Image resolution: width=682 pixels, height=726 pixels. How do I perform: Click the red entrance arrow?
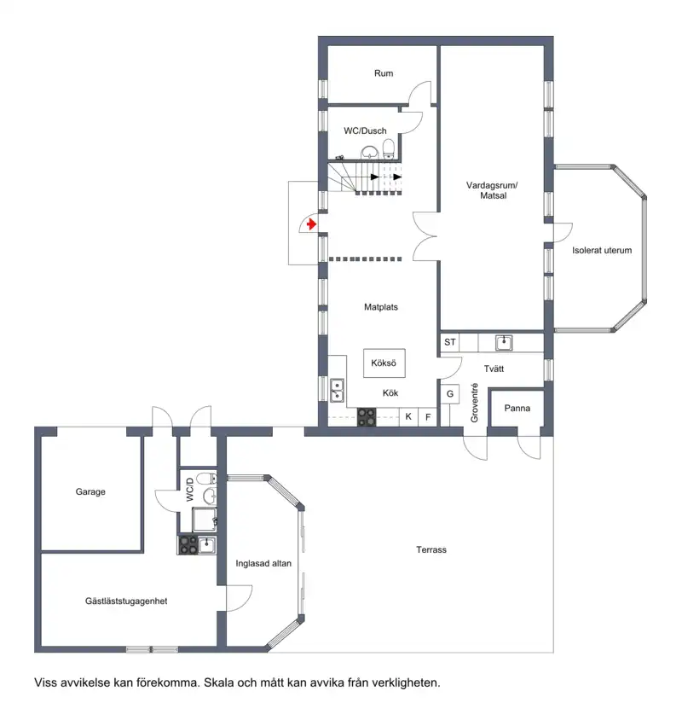[311, 224]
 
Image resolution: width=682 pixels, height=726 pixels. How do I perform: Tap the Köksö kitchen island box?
[384, 363]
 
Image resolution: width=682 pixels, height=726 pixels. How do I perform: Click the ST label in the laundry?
[450, 342]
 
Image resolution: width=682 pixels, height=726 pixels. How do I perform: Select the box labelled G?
[450, 394]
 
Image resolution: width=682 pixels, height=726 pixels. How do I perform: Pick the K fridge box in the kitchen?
[408, 416]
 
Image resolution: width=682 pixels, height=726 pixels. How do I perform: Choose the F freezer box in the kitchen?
[428, 417]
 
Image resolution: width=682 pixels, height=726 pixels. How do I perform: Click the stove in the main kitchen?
[367, 417]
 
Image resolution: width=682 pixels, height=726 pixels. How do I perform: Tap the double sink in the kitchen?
[337, 390]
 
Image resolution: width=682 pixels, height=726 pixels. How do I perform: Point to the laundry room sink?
[504, 343]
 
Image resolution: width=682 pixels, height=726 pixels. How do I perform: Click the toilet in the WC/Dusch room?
[389, 149]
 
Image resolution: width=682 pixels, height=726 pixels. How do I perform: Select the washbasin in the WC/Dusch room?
[370, 153]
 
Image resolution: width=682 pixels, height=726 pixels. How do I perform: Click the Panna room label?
[517, 409]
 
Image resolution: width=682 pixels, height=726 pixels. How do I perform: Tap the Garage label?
[90, 491]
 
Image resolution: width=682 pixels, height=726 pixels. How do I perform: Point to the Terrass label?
[431, 549]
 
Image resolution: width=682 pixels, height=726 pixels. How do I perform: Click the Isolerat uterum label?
[602, 251]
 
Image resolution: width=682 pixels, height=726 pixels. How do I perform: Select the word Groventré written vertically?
[474, 403]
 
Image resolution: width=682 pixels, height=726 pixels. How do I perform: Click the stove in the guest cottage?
[188, 544]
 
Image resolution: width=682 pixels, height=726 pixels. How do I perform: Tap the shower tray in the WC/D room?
[204, 520]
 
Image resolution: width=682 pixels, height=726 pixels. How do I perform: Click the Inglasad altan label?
[263, 564]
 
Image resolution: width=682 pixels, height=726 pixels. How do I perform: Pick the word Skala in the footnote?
[219, 683]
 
